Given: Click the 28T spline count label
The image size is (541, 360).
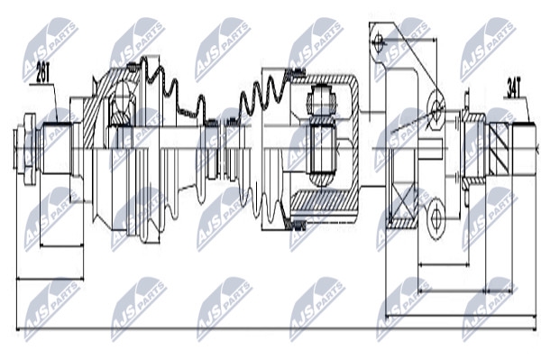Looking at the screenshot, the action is click(x=43, y=73).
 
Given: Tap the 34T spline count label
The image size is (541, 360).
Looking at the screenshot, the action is click(x=513, y=88).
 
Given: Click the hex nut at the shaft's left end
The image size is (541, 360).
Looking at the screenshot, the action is click(x=30, y=148).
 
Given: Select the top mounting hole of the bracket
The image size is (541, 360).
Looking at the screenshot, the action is click(x=378, y=42).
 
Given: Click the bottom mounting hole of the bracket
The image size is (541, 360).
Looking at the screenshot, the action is click(x=436, y=216).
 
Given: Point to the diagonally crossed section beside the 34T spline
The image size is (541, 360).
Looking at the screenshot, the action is click(x=499, y=148).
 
